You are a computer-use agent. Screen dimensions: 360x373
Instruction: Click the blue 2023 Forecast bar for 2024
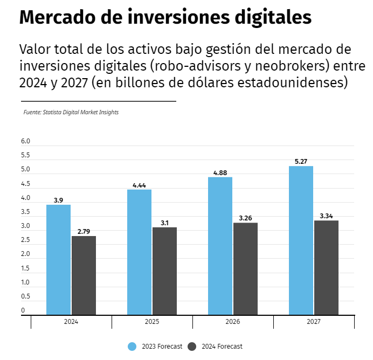(58, 259)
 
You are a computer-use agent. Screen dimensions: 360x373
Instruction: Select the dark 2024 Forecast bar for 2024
(84, 275)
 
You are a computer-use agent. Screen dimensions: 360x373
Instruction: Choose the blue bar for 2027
(301, 240)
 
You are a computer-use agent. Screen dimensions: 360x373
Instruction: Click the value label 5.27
(301, 161)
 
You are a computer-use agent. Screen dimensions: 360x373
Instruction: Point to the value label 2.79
(84, 231)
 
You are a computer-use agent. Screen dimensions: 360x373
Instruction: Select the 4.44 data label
(139, 185)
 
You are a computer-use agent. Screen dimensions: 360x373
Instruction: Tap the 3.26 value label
(245, 218)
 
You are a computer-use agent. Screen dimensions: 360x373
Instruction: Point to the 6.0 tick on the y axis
(25, 141)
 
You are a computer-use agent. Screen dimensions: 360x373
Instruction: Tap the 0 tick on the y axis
(23, 310)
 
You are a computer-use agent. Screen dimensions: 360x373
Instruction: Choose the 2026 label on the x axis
(233, 322)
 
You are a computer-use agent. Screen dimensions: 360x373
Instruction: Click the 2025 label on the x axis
(152, 322)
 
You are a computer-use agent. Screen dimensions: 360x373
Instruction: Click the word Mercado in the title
(51, 18)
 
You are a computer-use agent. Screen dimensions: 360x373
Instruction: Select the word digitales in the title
(273, 18)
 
